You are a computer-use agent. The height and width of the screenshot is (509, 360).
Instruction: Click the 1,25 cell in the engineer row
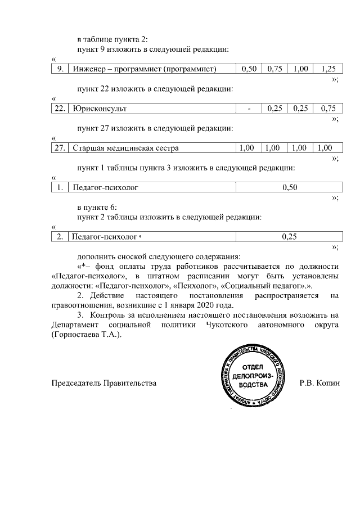point(327,69)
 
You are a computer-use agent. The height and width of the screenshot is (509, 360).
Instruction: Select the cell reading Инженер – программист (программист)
point(145,69)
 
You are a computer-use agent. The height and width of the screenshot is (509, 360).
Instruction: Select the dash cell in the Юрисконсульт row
point(249,108)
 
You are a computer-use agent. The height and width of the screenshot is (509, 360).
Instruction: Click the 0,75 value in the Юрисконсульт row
point(327,108)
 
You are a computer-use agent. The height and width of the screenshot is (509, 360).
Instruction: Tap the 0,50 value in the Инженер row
point(249,69)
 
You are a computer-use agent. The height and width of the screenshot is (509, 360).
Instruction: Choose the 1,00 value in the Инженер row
point(301,69)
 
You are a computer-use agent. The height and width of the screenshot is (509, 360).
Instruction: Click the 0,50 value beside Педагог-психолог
point(289,187)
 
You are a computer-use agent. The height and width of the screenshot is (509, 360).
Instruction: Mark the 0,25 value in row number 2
point(289,237)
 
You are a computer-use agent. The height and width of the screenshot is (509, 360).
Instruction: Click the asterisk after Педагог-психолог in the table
point(140,237)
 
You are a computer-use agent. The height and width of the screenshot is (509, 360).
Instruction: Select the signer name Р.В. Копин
point(320,384)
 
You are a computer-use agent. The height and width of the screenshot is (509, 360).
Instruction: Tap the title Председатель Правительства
point(103,384)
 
